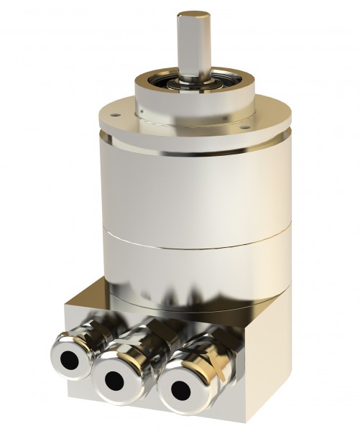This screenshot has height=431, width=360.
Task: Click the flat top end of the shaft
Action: click(193, 15)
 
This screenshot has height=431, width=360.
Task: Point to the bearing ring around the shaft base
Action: click(193, 80)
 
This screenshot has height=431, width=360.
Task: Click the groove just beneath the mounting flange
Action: click(194, 144)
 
